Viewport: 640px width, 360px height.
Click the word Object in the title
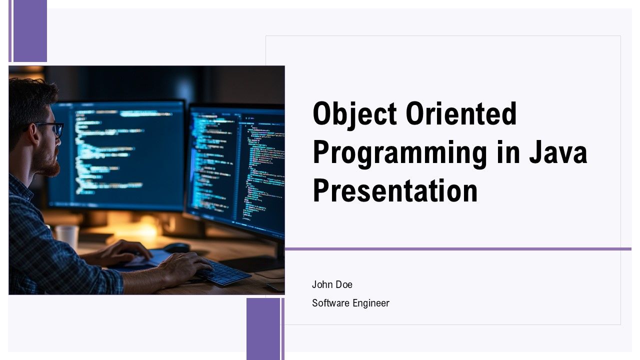[x=354, y=115]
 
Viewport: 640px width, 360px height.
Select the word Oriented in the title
[x=461, y=113]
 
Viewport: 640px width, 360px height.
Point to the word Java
[x=558, y=152]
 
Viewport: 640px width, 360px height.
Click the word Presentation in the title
[x=395, y=190]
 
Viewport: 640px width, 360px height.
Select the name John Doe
[x=332, y=284]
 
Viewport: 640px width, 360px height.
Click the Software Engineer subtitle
[x=350, y=303]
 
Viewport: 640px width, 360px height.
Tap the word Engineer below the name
[x=371, y=303]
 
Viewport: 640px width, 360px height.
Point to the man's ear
[x=33, y=133]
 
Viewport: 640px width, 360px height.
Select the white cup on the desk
[x=67, y=236]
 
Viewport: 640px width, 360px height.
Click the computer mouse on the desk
[x=176, y=247]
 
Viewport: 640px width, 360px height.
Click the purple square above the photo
[x=30, y=31]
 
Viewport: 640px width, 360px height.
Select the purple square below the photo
[x=263, y=329]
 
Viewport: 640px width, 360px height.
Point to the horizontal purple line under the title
[x=458, y=249]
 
